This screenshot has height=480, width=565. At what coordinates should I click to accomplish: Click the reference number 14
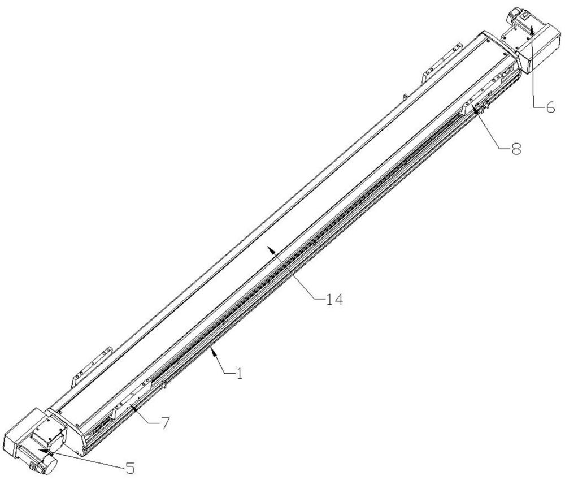(x=334, y=299)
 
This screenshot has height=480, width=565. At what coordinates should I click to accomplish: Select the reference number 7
(x=164, y=423)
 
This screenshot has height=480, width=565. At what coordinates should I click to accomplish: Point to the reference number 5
(x=129, y=468)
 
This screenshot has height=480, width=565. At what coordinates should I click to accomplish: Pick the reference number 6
(x=550, y=107)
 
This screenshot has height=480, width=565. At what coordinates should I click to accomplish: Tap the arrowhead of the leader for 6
(x=532, y=29)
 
